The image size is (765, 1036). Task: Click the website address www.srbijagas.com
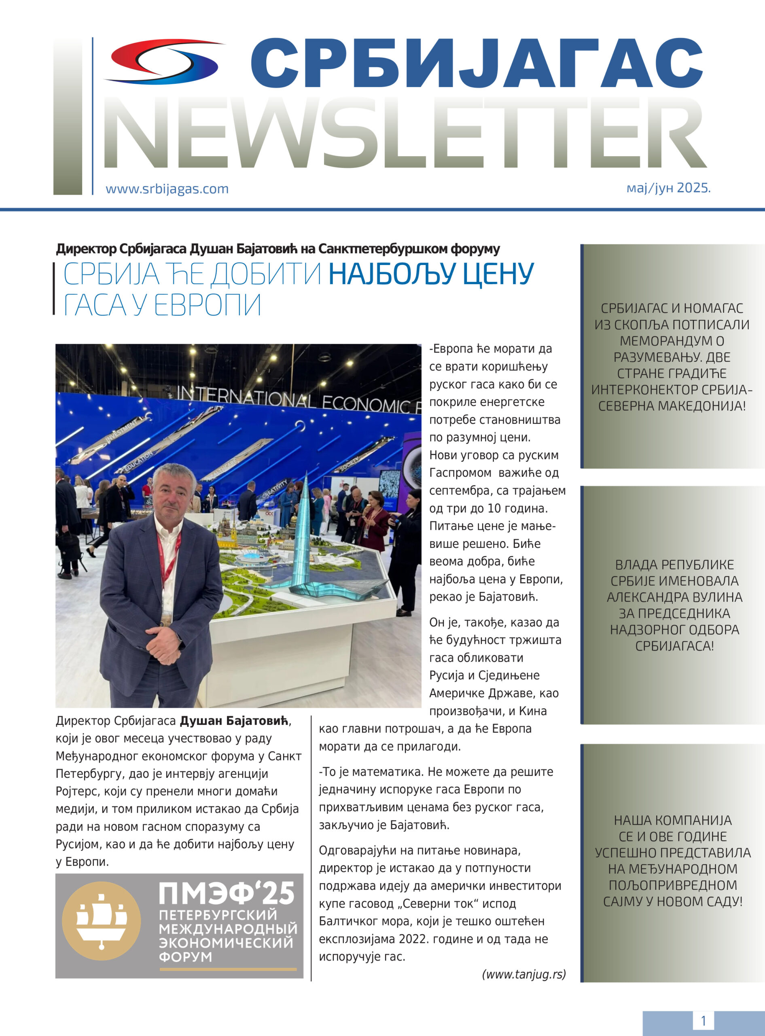[x=167, y=189]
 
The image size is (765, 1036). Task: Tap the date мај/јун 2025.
[x=668, y=188]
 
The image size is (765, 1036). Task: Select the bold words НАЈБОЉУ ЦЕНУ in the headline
[x=431, y=274]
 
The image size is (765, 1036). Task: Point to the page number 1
[x=703, y=1021]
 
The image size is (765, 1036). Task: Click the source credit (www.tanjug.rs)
[x=524, y=974]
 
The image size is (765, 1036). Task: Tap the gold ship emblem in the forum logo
[x=102, y=921]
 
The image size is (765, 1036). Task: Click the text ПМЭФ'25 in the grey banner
[x=227, y=894]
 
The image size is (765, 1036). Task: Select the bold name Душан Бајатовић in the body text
[x=234, y=721]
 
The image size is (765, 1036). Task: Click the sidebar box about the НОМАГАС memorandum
[x=672, y=357]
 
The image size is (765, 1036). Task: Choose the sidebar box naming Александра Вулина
[x=674, y=605]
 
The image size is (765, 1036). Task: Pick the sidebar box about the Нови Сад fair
[x=672, y=862]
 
